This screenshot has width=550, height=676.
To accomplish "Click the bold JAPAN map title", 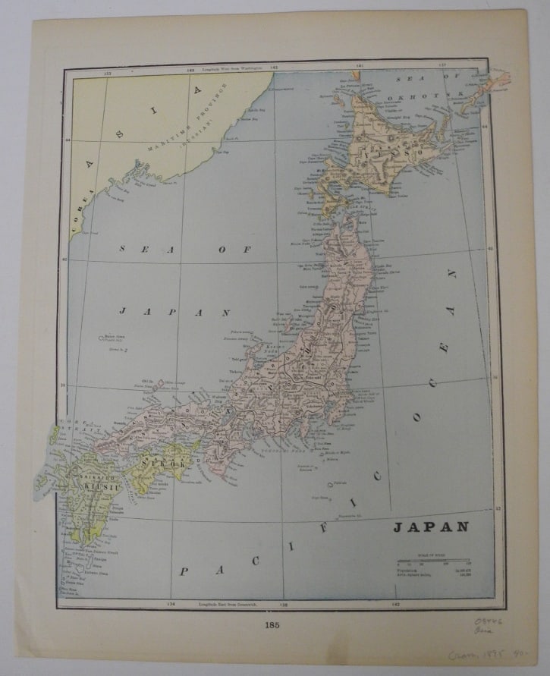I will coord(430,527).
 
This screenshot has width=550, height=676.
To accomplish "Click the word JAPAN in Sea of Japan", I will coord(174,311).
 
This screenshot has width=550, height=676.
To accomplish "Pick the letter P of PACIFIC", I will coord(183,571).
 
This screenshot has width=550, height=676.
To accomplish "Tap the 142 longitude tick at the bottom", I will coord(395,604).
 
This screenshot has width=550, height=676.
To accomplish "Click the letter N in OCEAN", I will coord(451,273).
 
